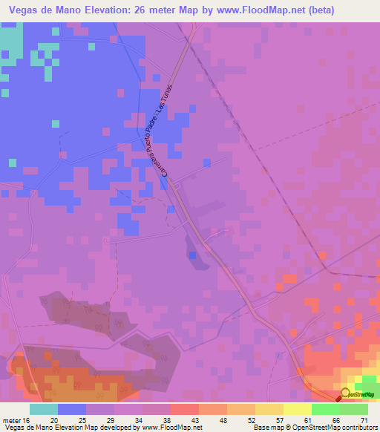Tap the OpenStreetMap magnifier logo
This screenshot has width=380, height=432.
pos(345,393)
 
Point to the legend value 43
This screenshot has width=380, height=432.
pos(196,420)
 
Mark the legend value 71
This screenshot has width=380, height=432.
pos(364,420)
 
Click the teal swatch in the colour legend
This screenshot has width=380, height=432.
pos(44,409)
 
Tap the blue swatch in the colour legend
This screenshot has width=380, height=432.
pos(72,409)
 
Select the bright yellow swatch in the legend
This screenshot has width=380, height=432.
pos(297,409)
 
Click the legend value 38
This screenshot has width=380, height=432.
pos(168,420)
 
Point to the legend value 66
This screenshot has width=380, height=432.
pos(336,420)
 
